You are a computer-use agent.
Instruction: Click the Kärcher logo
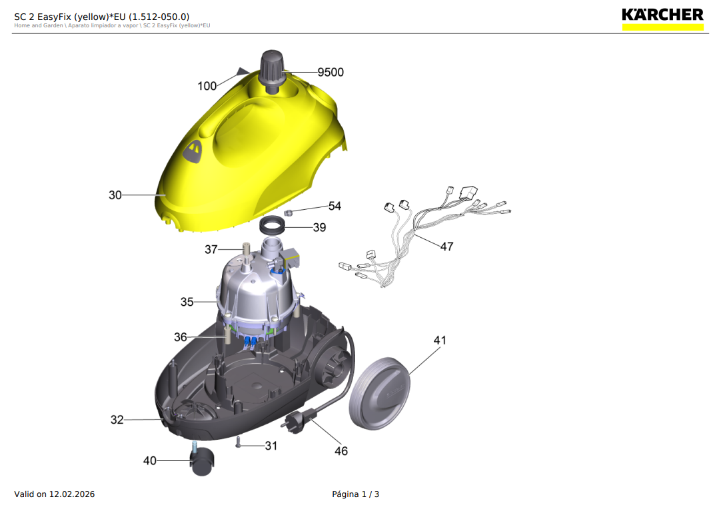[662, 19]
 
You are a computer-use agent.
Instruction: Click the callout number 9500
[330, 73]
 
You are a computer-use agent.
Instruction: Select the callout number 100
[207, 86]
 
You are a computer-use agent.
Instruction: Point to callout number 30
[115, 195]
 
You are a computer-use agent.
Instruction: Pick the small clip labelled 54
[289, 212]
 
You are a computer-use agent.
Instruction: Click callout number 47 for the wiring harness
[446, 247]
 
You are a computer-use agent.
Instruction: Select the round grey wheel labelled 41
[379, 393]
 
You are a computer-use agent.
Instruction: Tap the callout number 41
[440, 340]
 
